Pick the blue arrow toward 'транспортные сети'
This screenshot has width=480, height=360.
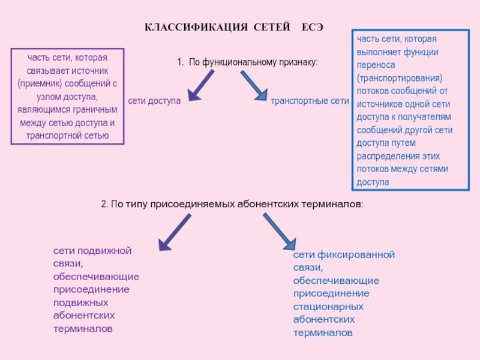[x=254, y=85]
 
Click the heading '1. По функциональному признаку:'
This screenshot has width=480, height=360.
[x=247, y=62]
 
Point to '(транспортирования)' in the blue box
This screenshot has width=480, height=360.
[x=399, y=79]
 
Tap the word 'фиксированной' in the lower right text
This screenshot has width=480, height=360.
[x=361, y=255]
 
